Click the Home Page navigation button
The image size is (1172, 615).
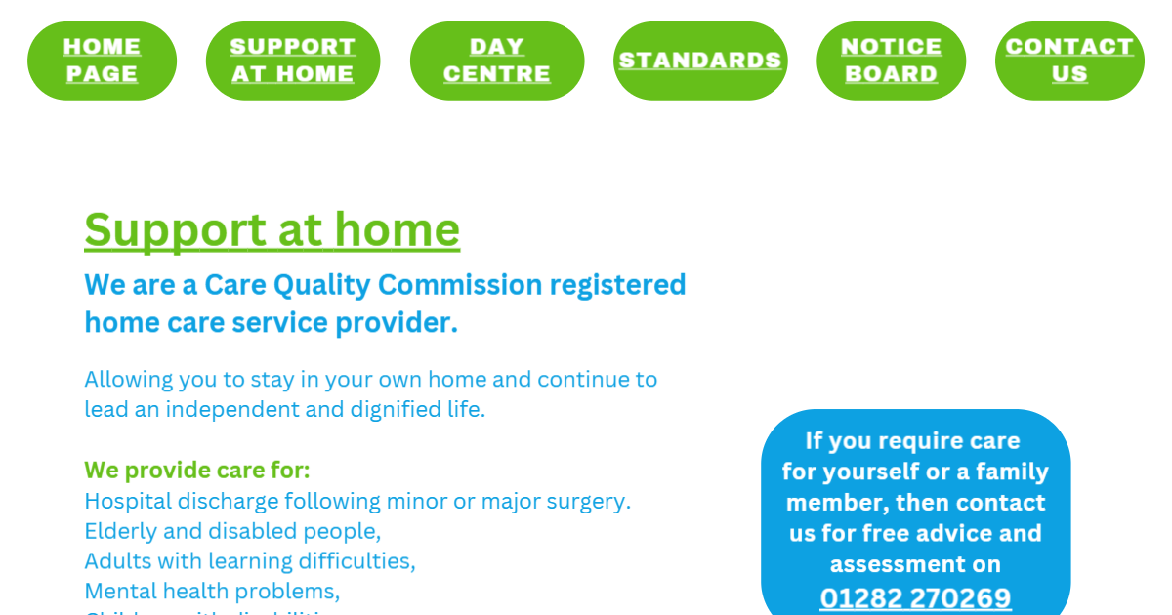coord(102,61)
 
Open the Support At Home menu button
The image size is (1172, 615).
coord(293,61)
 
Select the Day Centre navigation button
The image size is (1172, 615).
coord(497,61)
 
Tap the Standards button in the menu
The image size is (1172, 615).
coord(700,61)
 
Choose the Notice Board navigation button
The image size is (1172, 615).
coord(891,61)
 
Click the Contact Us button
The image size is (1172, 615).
coord(1069,61)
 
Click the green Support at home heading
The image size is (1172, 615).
coord(272,230)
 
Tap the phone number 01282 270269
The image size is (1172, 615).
coord(915,597)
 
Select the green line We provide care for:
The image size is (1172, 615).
coord(197,471)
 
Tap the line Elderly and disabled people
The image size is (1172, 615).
coord(232,531)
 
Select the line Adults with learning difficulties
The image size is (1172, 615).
coord(250,561)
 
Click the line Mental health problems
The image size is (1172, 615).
coord(212,592)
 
